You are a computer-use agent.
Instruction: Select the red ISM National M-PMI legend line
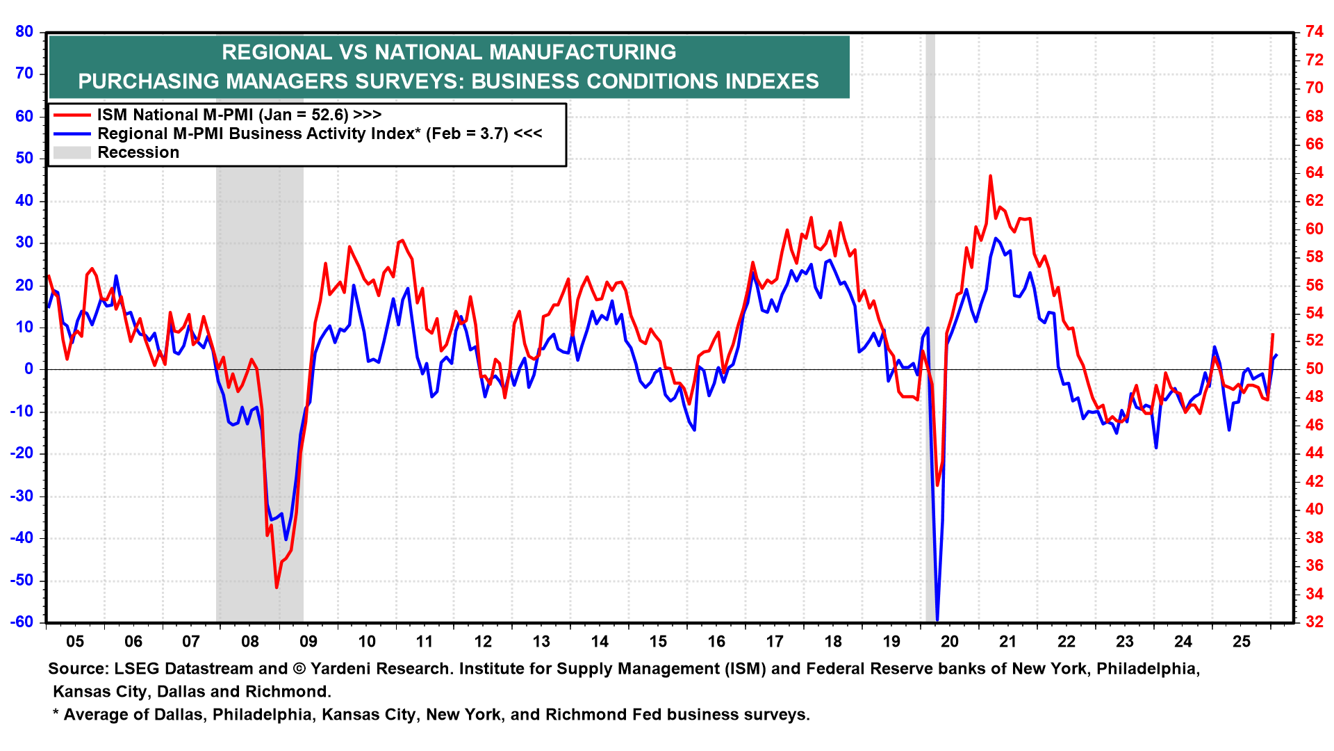pos(72,115)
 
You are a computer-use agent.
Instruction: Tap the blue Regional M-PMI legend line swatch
pos(72,134)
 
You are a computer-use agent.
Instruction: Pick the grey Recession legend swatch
pos(72,152)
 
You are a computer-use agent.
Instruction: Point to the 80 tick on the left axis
pos(24,31)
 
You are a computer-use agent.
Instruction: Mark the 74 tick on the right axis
pos(1314,31)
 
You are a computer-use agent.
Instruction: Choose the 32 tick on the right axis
pos(1314,622)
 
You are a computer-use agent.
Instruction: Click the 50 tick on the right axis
pos(1314,369)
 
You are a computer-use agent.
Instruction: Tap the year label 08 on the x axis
pos(250,642)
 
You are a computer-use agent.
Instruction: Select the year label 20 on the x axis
pos(950,642)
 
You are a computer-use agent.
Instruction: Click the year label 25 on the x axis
pos(1242,642)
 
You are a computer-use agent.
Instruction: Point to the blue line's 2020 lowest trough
pos(937,619)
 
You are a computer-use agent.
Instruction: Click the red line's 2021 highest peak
pos(990,176)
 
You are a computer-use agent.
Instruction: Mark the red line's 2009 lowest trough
pos(277,588)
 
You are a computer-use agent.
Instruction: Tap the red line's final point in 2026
pos(1273,334)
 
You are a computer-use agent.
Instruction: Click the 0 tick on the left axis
pos(29,369)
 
